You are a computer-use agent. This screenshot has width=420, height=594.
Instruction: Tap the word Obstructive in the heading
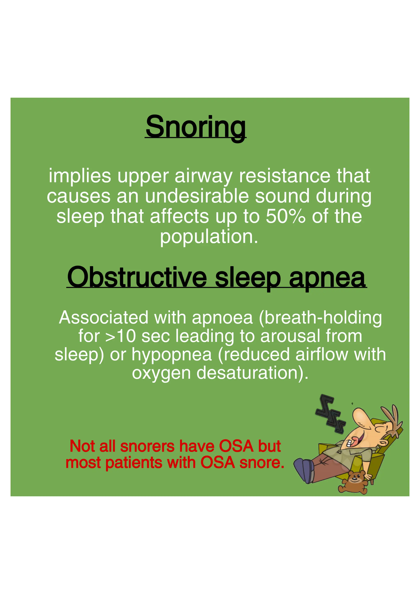pyautogui.click(x=137, y=277)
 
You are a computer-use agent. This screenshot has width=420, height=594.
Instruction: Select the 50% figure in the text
pyautogui.click(x=285, y=216)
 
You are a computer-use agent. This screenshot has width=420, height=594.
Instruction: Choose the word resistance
pyautogui.click(x=284, y=176)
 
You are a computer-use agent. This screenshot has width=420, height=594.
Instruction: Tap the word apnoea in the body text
pyautogui.click(x=222, y=317)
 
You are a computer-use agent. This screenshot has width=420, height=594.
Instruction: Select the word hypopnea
pyautogui.click(x=172, y=354)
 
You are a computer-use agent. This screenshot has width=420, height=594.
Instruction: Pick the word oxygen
pyautogui.click(x=161, y=373)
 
